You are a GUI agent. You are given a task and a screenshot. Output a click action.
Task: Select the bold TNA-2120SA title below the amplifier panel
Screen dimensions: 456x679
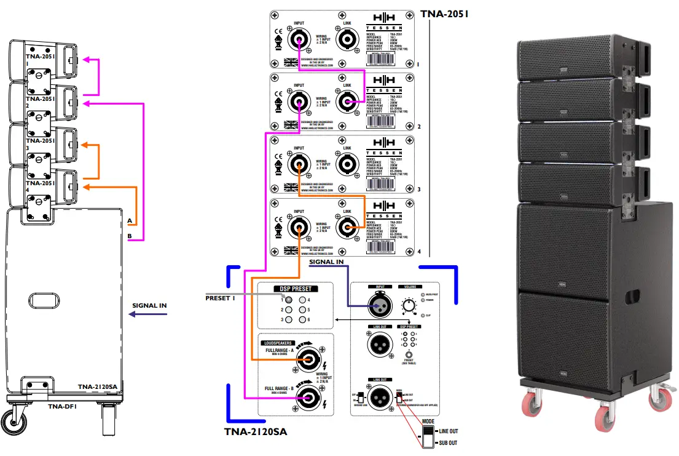point(256,431)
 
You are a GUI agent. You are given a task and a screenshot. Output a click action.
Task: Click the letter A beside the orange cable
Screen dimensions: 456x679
point(130,220)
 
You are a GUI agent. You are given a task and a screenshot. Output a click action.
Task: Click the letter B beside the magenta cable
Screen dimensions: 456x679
point(130,236)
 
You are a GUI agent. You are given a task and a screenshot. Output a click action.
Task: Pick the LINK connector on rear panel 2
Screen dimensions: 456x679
point(348,103)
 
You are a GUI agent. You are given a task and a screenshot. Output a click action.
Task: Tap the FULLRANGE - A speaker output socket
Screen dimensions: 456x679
point(307,361)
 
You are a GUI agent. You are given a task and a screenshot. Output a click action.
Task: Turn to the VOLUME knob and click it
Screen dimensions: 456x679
point(409,305)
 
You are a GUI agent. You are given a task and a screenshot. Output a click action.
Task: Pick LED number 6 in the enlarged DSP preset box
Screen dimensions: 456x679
point(302,319)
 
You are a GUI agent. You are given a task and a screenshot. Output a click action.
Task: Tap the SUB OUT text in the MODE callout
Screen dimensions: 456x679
point(447,443)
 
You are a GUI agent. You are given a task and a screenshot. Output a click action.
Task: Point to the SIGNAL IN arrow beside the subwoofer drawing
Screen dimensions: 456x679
point(147,314)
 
